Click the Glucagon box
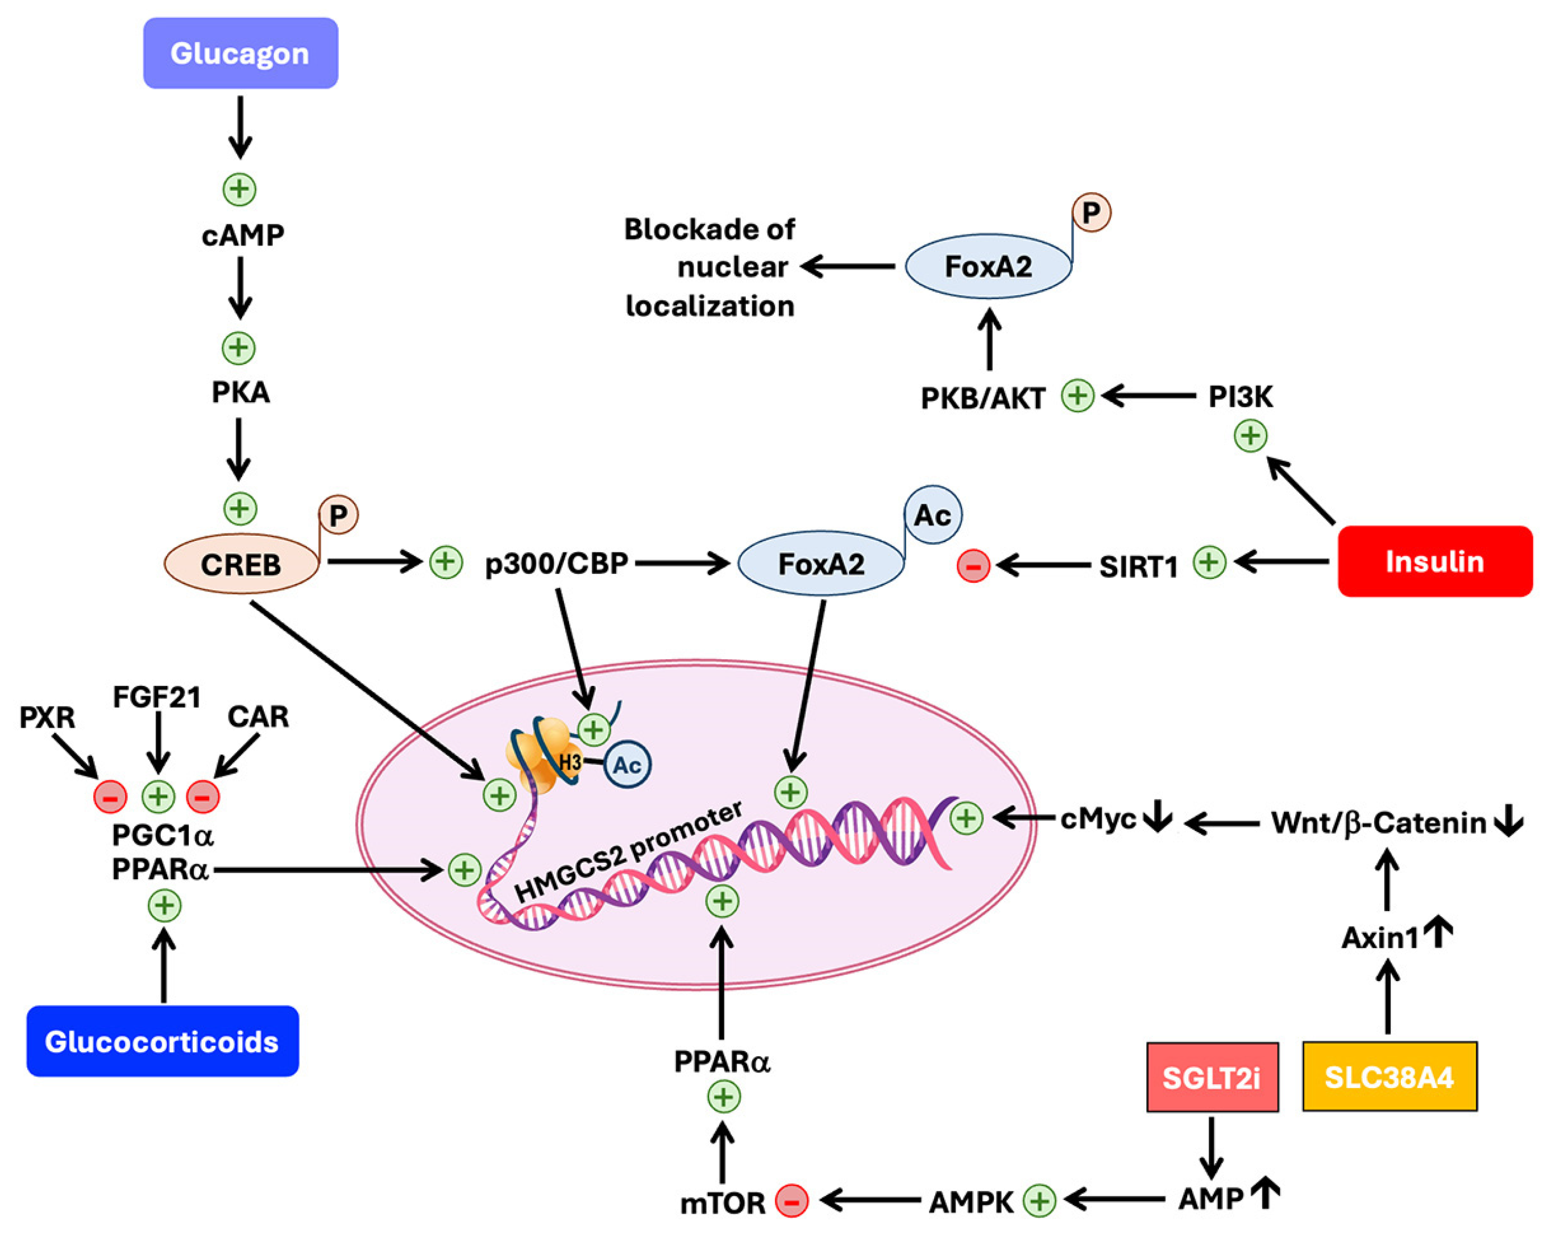click(x=240, y=53)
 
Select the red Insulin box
click(x=1435, y=561)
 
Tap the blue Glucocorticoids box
click(x=162, y=1041)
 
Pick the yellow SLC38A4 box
click(x=1389, y=1077)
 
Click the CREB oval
click(x=241, y=564)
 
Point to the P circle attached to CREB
click(x=338, y=515)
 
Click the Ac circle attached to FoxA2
click(x=932, y=515)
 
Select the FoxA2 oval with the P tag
click(x=988, y=266)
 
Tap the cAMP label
click(x=243, y=235)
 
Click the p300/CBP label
click(x=557, y=564)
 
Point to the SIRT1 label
click(x=1139, y=567)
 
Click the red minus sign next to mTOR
click(x=791, y=1201)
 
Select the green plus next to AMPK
click(x=1039, y=1201)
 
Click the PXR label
click(x=47, y=717)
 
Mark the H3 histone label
click(x=570, y=763)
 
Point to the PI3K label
click(x=1240, y=396)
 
